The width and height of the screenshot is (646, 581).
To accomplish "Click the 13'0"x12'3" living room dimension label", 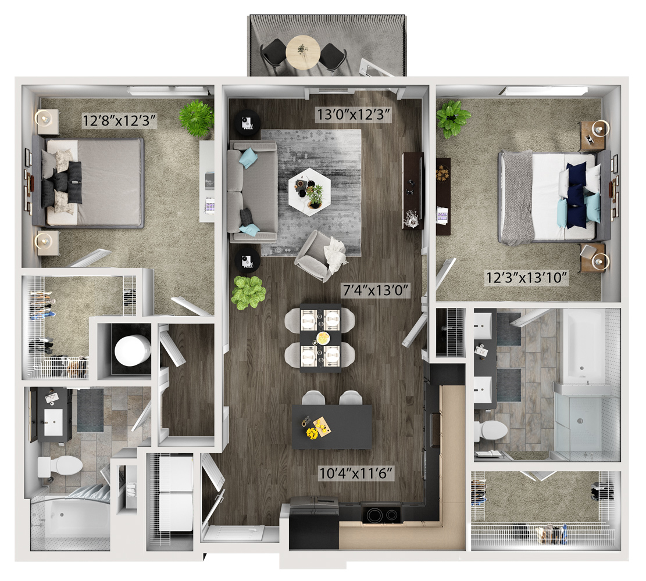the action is point(354,114).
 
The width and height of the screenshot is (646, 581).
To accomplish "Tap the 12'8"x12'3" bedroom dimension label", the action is point(120,121).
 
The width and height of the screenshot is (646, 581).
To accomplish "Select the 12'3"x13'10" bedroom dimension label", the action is point(527,278).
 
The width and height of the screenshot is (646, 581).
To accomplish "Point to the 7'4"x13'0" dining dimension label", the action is point(376,290).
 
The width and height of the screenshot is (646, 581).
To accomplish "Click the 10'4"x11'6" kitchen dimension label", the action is point(357,473).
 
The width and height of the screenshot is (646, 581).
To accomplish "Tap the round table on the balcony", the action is point(303,52).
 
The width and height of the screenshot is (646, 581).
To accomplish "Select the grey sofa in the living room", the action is point(252,192).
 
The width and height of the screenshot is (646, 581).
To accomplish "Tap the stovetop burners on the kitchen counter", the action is point(381,514).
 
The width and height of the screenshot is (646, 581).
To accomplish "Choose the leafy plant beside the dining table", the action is point(248,293).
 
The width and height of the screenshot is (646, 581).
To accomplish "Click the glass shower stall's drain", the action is point(580,421).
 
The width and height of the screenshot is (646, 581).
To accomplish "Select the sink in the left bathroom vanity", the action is point(53,422).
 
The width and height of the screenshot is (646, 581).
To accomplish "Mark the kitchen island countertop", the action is point(332,428).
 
